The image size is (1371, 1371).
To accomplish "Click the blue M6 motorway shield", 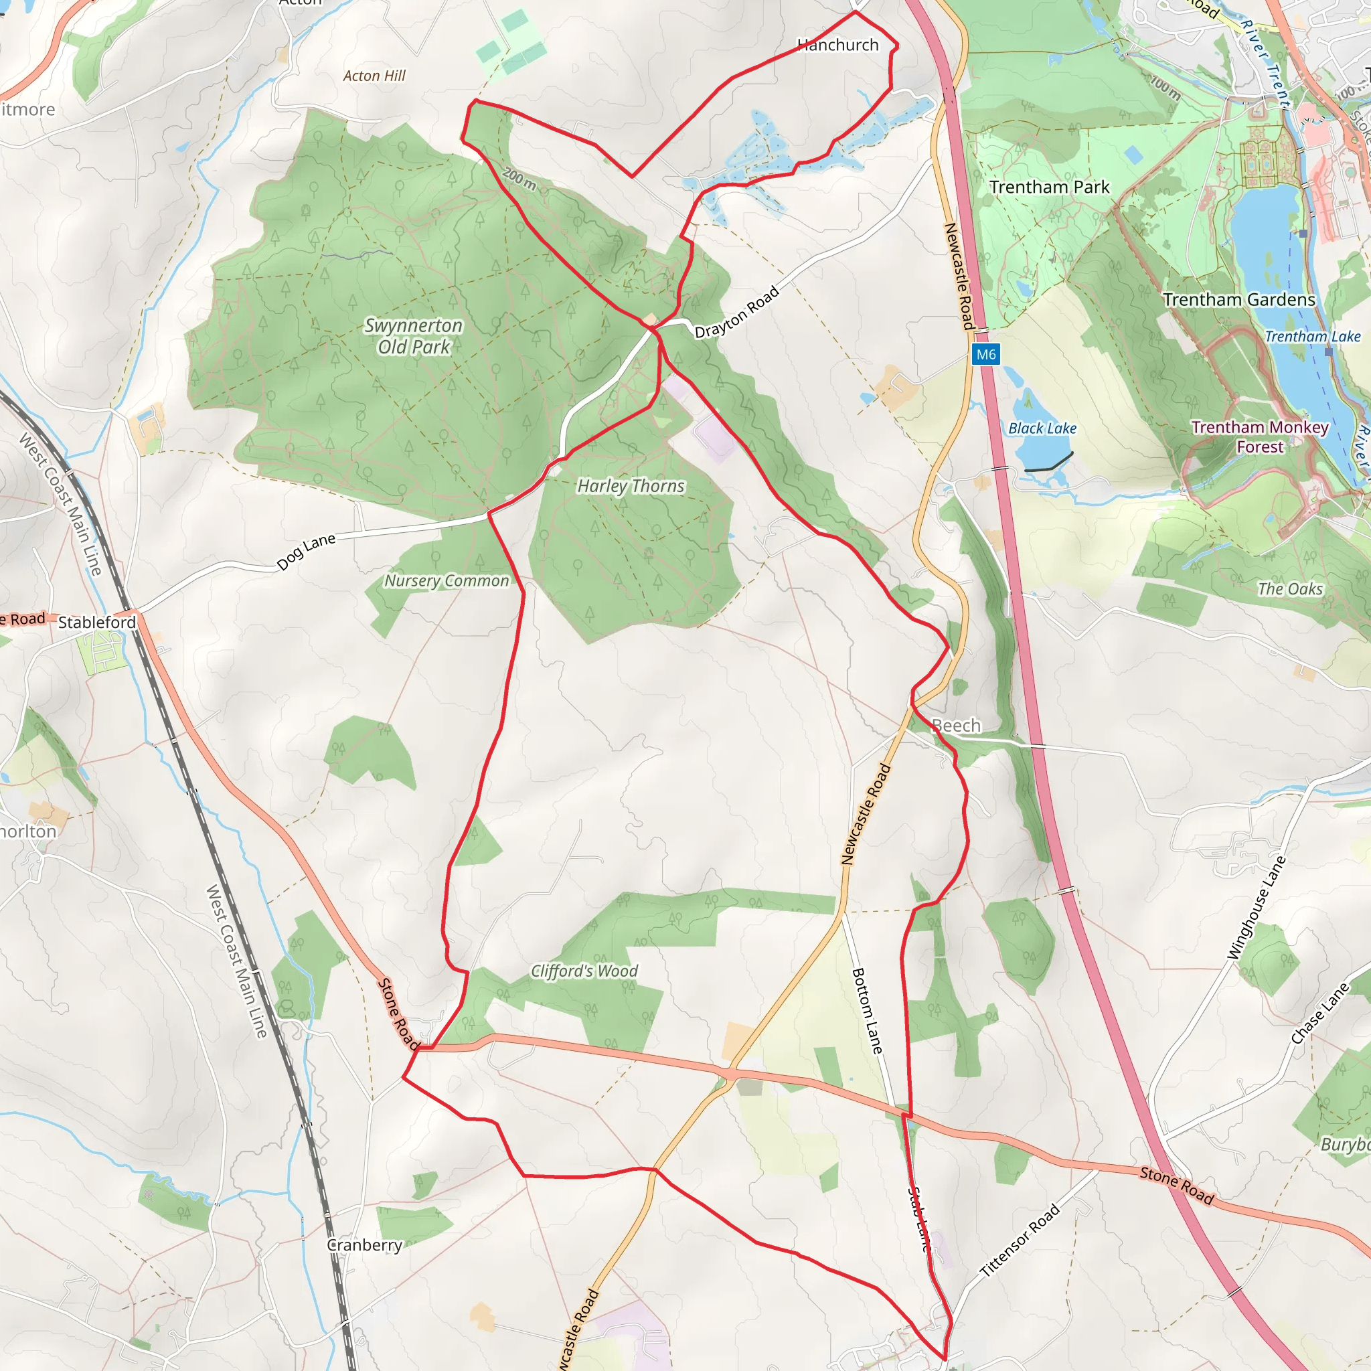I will coord(985,354).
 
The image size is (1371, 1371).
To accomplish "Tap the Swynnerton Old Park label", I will coord(414,335).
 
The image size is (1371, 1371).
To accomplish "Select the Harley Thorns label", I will coord(631,486).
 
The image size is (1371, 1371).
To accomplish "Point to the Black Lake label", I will coord(1042,428).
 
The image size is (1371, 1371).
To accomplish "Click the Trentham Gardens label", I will coord(1239,299).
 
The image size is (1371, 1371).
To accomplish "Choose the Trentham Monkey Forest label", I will coord(1261,437).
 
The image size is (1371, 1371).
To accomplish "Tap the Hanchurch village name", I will coord(838,46).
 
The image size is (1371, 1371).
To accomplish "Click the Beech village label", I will coord(957,725).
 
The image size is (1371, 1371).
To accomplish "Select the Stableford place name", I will coord(97,623).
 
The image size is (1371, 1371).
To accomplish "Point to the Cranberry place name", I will coord(365,1244).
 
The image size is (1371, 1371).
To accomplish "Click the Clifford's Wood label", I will coord(584,971).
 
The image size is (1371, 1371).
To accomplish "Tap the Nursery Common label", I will coord(447,581).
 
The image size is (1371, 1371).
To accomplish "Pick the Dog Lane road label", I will coord(307,552).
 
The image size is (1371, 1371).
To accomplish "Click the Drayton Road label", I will coord(736,311).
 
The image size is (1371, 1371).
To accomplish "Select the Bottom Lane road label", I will coord(867,1012).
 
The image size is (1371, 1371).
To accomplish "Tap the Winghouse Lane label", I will coord(1257,908).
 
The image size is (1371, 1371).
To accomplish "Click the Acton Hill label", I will coord(375,76).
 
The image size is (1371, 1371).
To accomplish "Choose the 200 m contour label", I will coord(519,178).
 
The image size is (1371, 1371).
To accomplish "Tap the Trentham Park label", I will coord(1050,187).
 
